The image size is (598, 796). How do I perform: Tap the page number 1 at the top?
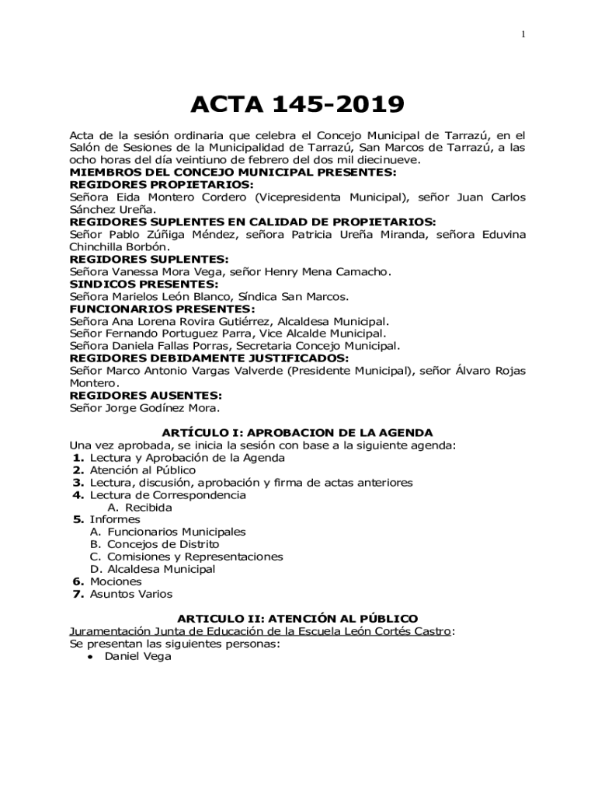point(525,33)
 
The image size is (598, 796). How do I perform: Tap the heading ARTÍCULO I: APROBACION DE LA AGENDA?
point(297,432)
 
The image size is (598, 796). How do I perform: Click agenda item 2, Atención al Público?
point(142,470)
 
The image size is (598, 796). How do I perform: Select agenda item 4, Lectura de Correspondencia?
point(167,494)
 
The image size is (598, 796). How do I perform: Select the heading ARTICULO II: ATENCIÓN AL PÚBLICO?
point(297,619)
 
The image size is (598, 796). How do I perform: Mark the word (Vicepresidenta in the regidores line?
point(299,197)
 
